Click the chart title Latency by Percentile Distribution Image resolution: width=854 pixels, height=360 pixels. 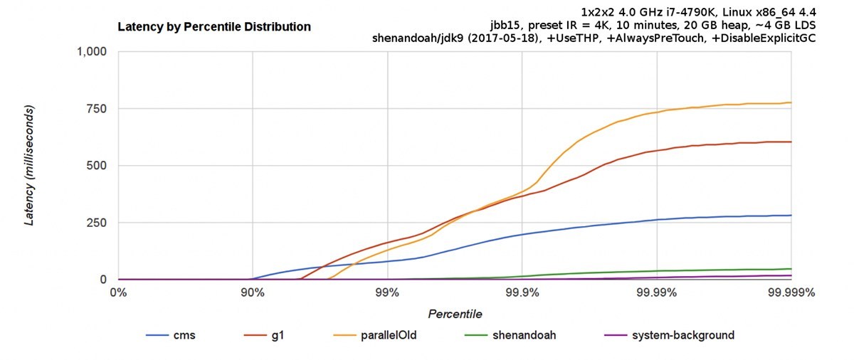pyautogui.click(x=214, y=27)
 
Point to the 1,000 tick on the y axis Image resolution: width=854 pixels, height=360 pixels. pyautogui.click(x=90, y=52)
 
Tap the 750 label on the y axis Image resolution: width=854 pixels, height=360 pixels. pyautogui.click(x=97, y=109)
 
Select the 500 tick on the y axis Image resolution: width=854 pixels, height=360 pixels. pyautogui.click(x=97, y=166)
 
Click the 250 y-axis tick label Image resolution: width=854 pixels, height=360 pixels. pyautogui.click(x=97, y=223)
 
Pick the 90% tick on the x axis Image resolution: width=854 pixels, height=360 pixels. pyautogui.click(x=252, y=292)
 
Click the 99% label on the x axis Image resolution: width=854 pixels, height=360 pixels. pyautogui.click(x=387, y=292)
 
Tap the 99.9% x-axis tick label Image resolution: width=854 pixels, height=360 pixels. pyautogui.click(x=522, y=292)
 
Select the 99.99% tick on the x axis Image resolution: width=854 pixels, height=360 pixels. pyautogui.click(x=656, y=292)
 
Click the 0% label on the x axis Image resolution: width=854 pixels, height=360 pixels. pyautogui.click(x=118, y=292)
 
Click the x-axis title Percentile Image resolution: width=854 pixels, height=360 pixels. pyautogui.click(x=455, y=314)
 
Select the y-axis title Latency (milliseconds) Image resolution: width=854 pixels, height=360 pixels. pyautogui.click(x=30, y=166)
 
